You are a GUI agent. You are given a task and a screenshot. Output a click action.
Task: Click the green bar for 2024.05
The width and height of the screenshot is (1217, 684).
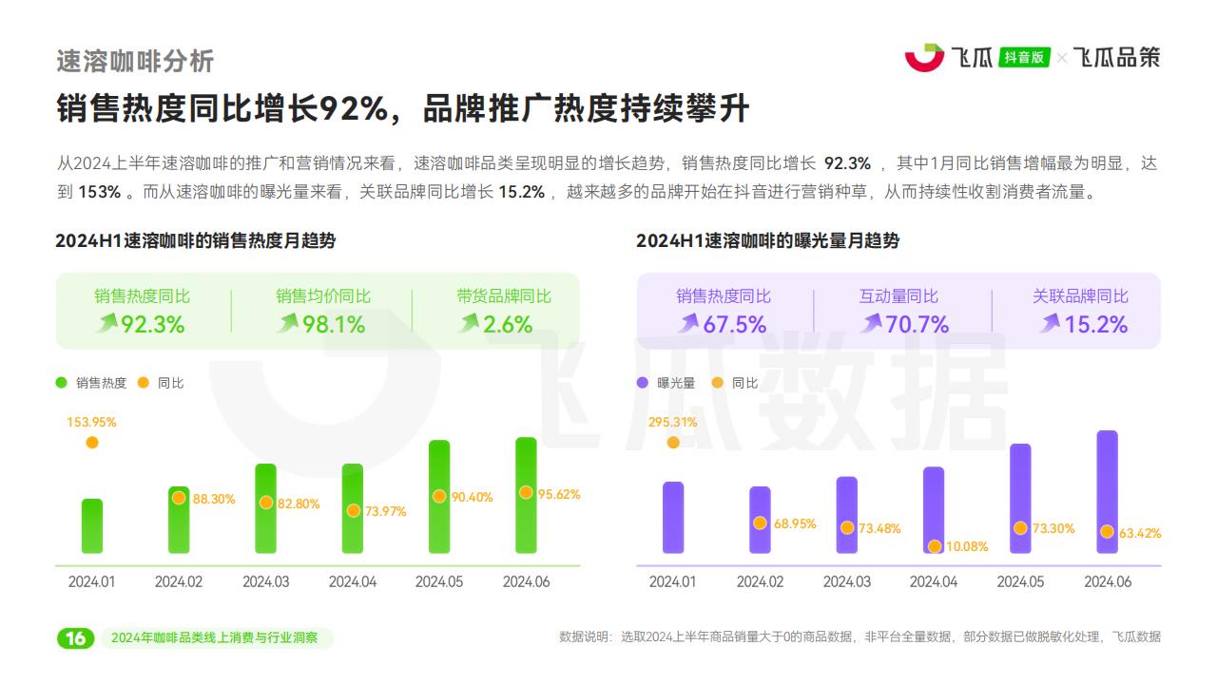click(439, 497)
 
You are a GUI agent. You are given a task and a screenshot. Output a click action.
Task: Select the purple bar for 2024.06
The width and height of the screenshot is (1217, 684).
click(1107, 492)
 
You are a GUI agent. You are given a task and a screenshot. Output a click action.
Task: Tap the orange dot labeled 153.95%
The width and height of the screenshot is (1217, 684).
click(92, 442)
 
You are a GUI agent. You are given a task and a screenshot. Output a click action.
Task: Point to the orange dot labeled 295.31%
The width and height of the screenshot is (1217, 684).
click(673, 442)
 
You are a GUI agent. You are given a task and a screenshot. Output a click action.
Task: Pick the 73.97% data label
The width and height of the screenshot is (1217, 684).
click(385, 511)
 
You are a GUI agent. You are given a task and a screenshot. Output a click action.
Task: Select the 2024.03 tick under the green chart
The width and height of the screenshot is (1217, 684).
click(266, 581)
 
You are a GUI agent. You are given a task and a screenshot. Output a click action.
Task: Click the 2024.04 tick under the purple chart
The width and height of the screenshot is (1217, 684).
click(934, 581)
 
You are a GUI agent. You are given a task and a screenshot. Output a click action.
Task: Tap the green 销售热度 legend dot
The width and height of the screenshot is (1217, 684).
click(62, 383)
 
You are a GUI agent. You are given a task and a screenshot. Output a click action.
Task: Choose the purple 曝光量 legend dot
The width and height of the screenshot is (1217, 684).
click(643, 383)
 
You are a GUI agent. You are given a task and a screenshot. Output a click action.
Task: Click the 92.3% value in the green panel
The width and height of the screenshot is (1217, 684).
click(152, 325)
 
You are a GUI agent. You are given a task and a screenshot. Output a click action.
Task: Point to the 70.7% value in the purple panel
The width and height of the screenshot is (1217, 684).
click(918, 325)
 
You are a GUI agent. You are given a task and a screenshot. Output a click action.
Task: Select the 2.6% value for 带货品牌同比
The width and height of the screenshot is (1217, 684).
click(508, 325)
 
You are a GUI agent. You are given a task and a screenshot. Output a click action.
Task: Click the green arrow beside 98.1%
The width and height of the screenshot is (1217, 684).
click(287, 324)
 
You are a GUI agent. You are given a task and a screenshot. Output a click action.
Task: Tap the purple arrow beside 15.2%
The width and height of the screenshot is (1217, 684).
click(1050, 324)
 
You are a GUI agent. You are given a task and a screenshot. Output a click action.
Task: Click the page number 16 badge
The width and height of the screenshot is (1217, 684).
click(75, 637)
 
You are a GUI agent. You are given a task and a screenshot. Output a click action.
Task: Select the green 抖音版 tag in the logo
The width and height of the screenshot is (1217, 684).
click(1025, 58)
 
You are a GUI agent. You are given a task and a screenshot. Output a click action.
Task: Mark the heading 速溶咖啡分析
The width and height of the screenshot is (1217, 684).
click(135, 61)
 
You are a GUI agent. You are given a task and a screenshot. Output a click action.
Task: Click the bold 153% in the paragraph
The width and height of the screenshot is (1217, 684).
click(100, 192)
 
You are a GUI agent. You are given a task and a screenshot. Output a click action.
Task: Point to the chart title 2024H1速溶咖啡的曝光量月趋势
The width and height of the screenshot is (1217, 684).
click(767, 241)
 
